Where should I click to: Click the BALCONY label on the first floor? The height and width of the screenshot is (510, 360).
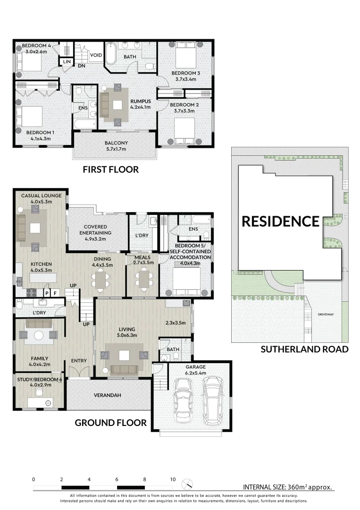(x=114, y=143)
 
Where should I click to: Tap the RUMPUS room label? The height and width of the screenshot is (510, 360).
(x=141, y=101)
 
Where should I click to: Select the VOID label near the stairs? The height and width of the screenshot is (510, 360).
(x=96, y=55)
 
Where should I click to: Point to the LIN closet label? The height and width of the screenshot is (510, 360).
(x=66, y=62)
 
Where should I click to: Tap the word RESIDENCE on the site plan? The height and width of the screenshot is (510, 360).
(x=280, y=221)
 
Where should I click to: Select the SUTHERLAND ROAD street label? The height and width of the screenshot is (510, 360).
(x=304, y=349)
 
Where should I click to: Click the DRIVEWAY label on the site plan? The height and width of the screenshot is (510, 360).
(x=326, y=314)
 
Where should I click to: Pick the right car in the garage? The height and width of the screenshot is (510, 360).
(x=212, y=396)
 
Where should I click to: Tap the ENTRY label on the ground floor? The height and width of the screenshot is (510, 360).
(x=79, y=361)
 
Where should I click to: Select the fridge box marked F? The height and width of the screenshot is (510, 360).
(x=55, y=293)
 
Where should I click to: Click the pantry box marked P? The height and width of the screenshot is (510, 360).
(x=46, y=293)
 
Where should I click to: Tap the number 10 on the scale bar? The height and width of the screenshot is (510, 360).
(x=173, y=479)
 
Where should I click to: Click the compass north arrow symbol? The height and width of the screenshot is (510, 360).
(x=188, y=483)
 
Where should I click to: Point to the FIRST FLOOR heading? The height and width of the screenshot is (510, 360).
(x=110, y=170)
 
